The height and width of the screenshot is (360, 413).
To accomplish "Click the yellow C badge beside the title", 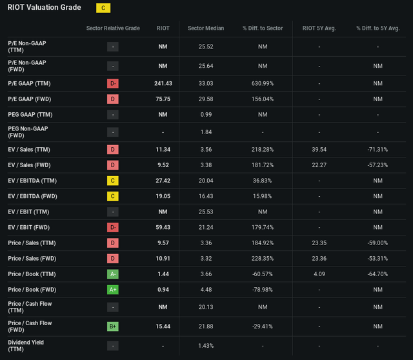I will (x=103, y=8).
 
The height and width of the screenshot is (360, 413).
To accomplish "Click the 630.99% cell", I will (x=263, y=83).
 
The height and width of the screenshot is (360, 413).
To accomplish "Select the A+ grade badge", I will (x=113, y=290).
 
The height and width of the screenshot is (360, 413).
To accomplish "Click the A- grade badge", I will (x=113, y=274).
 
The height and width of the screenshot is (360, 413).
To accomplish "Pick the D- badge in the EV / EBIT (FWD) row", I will (x=113, y=226).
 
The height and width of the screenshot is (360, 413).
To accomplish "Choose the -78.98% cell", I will (x=263, y=290).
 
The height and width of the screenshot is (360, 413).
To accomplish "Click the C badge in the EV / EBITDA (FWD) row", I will (x=113, y=195).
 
